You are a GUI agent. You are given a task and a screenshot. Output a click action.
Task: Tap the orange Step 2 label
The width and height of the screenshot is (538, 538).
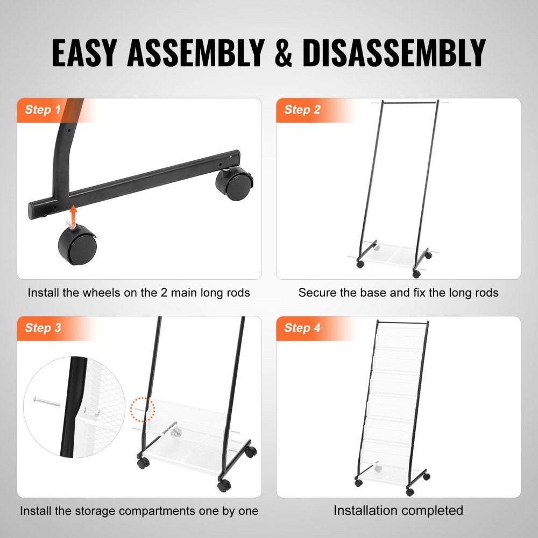(302, 110)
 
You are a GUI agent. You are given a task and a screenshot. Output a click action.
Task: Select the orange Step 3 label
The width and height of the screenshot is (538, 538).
(43, 328)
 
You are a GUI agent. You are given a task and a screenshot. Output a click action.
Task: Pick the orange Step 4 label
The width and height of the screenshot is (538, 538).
(302, 328)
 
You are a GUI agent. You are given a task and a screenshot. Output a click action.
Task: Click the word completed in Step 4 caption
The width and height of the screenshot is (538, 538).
(434, 510)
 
